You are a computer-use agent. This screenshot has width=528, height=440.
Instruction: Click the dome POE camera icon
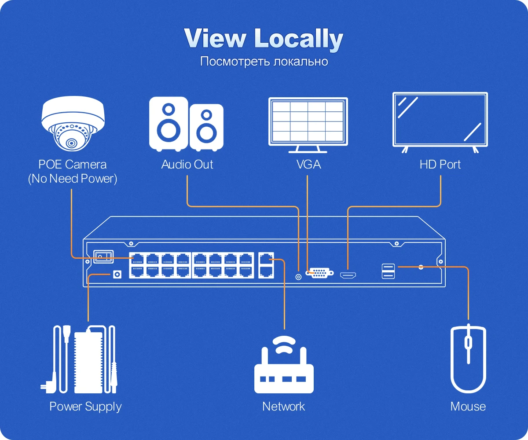73,124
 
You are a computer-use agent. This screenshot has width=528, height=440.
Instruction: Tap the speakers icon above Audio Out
186,124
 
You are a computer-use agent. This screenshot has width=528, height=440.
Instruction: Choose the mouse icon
468,359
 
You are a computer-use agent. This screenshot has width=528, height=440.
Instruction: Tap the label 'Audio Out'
187,165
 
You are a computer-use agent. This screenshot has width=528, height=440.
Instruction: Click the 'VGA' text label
308,165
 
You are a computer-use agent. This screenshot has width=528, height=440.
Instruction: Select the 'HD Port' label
440,165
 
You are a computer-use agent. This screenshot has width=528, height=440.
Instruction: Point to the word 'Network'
283,406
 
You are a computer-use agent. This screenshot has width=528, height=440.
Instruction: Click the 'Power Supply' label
85,406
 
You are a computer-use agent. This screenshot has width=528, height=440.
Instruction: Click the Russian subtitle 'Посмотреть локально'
264,61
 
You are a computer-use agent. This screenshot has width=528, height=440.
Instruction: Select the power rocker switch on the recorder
103,256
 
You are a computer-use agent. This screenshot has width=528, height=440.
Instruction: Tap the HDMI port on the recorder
348,275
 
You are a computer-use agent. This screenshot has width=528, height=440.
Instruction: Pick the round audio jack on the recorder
298,277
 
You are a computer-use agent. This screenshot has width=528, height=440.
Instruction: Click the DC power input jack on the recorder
117,274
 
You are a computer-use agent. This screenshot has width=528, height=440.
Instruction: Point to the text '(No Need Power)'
73,179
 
